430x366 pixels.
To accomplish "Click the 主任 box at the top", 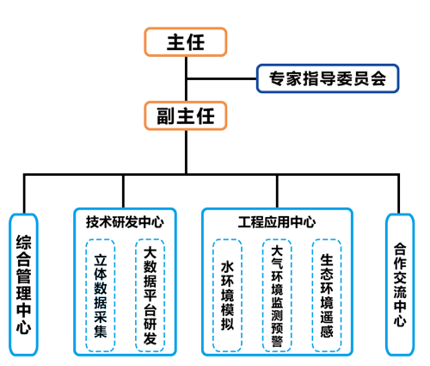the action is (186, 42).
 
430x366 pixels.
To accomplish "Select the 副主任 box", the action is (186, 115).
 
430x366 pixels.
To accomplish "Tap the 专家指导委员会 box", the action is (328, 78).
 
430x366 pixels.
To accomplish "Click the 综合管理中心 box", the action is (23, 284).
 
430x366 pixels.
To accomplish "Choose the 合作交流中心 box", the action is (400, 284).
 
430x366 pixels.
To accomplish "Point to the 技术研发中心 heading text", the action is (125, 222).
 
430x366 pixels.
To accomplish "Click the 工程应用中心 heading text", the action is (277, 222).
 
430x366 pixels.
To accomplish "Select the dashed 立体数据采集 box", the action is (101, 295).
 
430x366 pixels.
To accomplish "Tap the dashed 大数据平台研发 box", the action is (150, 295).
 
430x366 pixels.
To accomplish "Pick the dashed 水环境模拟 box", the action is (227, 295).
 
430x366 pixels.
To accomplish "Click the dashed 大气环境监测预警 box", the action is (277, 295).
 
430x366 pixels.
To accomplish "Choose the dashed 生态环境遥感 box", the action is (327, 295).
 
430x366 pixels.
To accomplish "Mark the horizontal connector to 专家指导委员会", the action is (221, 78).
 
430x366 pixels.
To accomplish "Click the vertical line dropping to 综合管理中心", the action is (24, 194).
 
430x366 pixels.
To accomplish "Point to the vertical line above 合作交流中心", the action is (398, 194).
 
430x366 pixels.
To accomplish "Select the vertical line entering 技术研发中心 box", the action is (123, 191).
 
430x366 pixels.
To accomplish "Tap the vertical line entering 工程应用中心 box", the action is (277, 191).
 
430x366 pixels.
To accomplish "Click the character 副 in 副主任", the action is (166, 115).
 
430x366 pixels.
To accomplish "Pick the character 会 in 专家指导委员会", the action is (378, 78).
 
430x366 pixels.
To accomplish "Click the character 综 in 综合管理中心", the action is (23, 242).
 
